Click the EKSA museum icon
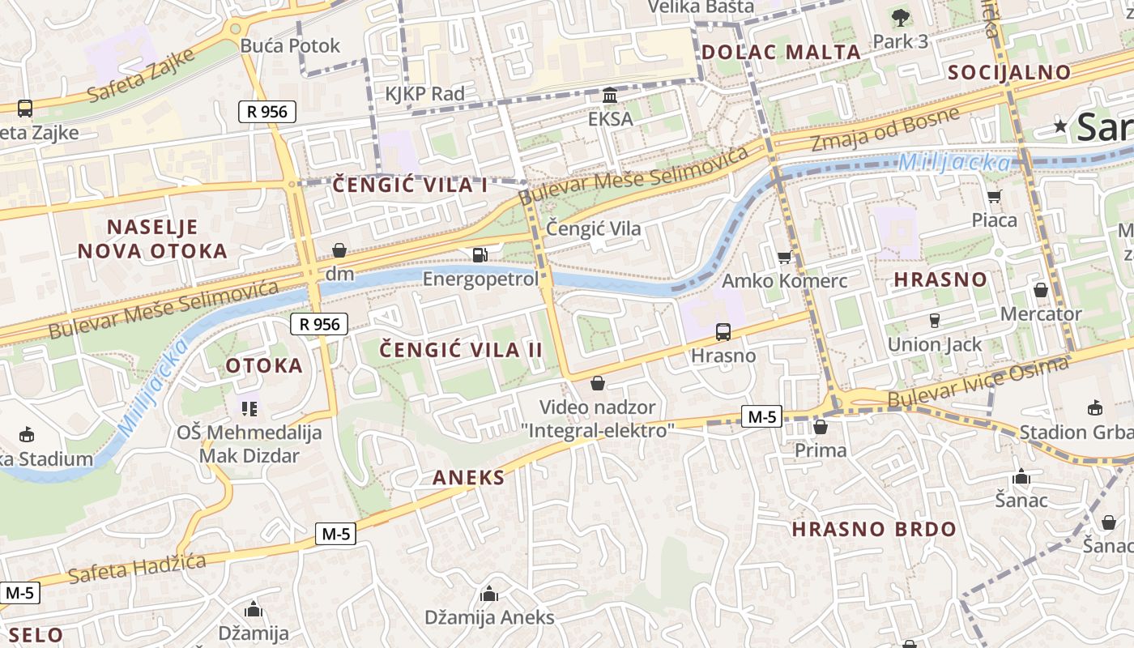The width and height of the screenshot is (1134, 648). [610, 96]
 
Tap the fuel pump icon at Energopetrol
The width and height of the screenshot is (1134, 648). [480, 255]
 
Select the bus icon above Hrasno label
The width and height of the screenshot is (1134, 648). [723, 332]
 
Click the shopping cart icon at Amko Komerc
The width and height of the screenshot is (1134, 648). [784, 258]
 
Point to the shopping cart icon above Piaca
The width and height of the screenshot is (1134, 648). [995, 196]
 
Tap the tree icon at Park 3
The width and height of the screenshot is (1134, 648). [900, 18]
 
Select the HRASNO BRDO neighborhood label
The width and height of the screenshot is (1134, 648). [874, 530]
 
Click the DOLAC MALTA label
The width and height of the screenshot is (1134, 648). [781, 53]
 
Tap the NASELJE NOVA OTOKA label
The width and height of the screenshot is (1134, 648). [153, 239]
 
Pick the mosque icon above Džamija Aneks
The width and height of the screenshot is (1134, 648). [489, 595]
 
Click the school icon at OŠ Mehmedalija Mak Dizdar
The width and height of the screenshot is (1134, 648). [249, 407]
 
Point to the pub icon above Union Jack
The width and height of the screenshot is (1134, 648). [934, 321]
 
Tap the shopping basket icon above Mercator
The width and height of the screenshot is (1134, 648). [1041, 290]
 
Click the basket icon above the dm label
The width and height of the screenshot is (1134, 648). [339, 251]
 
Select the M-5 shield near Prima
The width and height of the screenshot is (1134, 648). [761, 417]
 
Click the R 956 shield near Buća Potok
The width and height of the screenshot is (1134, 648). [267, 112]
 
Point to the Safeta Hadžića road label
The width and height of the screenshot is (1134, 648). [137, 566]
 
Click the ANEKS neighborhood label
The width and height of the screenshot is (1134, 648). [468, 478]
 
